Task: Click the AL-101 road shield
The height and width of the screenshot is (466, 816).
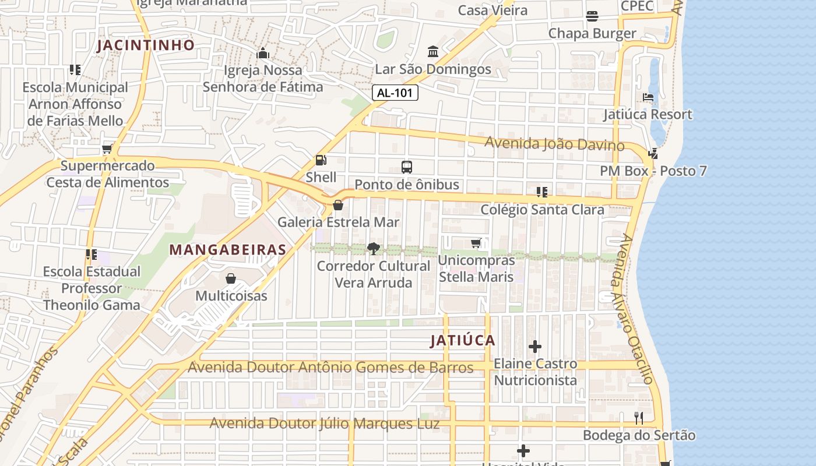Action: tap(395, 93)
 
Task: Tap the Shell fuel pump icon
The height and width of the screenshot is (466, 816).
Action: tap(321, 160)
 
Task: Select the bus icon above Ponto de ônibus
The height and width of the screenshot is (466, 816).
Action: tap(407, 167)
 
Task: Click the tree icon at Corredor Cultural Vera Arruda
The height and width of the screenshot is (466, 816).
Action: tap(374, 249)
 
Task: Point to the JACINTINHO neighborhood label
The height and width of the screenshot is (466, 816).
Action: tap(146, 45)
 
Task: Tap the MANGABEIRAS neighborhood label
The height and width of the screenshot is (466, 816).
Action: tap(227, 250)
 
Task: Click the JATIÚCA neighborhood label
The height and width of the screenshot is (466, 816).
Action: tap(463, 341)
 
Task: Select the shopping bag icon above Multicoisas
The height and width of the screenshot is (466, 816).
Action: tap(231, 278)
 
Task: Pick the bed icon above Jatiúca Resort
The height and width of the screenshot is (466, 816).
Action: tap(648, 97)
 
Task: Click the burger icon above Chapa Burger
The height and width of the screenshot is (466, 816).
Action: tap(592, 16)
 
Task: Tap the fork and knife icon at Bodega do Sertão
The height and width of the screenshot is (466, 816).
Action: tap(639, 418)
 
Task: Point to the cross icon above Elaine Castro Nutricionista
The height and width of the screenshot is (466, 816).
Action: tap(535, 347)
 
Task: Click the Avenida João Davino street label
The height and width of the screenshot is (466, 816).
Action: tap(554, 144)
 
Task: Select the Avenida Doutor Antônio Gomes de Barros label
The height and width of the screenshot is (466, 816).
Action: tap(330, 368)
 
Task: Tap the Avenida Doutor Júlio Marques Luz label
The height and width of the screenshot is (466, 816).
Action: tap(325, 423)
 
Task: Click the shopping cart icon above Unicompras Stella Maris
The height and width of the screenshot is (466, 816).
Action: tap(476, 243)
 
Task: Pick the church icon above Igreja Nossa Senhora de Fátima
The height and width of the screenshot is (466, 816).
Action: tap(262, 54)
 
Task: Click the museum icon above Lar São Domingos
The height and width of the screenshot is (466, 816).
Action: tap(433, 52)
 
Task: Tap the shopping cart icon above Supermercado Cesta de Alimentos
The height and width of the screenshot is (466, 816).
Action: tap(107, 149)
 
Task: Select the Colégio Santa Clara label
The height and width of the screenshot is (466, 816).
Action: tap(542, 210)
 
